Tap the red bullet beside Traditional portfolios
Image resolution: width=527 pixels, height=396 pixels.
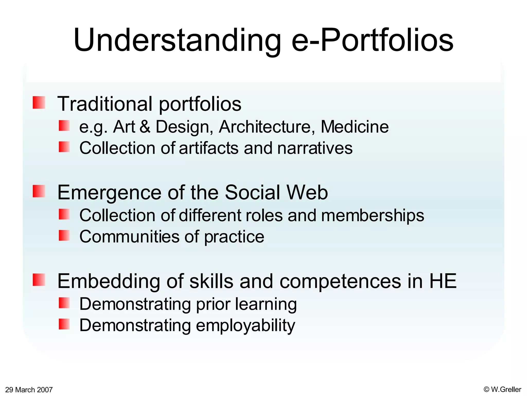point(39,102)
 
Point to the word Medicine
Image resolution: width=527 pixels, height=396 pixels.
point(354,127)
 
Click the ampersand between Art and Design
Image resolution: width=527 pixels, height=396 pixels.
point(145,127)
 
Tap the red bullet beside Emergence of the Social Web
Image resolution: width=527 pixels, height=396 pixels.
point(39,191)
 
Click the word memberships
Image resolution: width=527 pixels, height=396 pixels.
point(372,215)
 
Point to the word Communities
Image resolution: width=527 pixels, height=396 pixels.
point(129,237)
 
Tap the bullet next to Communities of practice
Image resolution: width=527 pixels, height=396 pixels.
point(64,235)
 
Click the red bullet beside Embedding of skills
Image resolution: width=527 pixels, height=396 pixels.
point(39,280)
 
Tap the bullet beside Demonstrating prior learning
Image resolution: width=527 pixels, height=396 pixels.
point(64,303)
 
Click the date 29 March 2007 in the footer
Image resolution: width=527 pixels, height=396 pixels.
point(29,390)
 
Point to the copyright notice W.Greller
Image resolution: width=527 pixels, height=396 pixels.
point(502,389)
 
